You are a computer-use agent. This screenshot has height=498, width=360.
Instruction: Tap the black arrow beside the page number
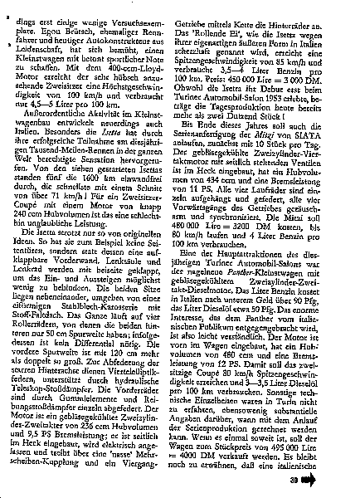pyautogui.click(x=334, y=479)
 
